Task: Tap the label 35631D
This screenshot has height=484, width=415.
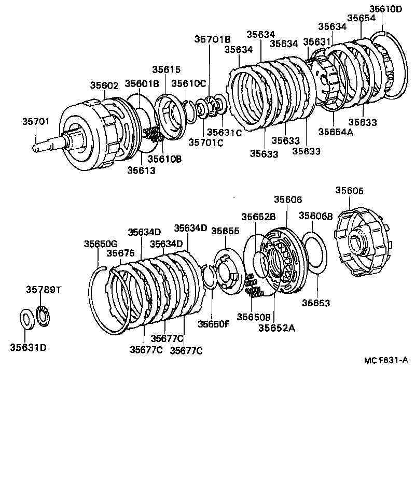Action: (28, 347)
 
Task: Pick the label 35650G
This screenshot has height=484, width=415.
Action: (101, 244)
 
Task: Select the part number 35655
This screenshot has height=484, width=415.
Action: (226, 231)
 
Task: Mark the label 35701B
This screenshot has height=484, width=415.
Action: (213, 39)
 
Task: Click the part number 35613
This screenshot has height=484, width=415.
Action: (140, 170)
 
